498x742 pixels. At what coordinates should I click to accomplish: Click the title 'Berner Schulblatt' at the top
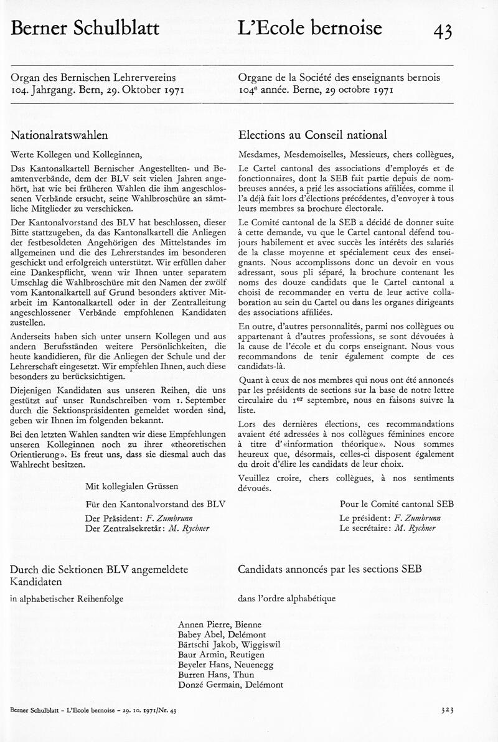click(85, 29)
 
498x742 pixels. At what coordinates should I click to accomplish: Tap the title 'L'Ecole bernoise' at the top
click(310, 28)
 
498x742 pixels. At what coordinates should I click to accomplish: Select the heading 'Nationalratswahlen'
click(60, 135)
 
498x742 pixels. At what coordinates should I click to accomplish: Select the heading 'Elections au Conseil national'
click(312, 135)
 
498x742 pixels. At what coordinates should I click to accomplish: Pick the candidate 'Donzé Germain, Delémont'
click(230, 684)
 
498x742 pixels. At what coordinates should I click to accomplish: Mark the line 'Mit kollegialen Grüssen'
click(132, 486)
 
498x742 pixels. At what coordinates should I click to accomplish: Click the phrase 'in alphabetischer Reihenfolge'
click(67, 599)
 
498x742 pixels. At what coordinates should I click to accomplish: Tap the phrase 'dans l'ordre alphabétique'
click(287, 599)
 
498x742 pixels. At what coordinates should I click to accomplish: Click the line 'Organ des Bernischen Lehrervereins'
click(93, 78)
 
